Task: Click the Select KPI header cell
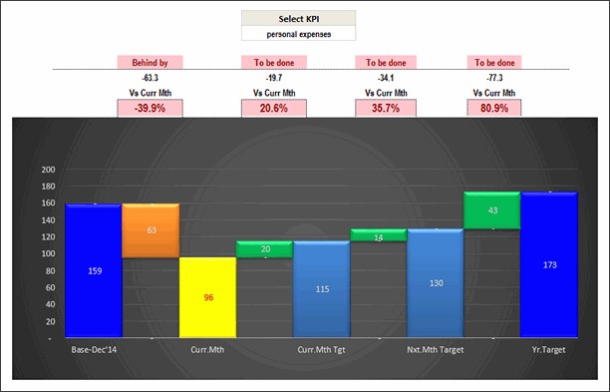coord(298,19)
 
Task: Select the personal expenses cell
coord(298,34)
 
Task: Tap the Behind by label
coord(151,62)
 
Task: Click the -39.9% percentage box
coord(151,108)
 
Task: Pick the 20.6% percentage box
coord(273,108)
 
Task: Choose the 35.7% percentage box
coord(385,108)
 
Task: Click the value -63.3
coord(151,77)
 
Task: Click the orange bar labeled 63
coord(151,230)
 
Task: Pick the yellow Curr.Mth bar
coord(207,297)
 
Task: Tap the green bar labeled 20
coord(264,249)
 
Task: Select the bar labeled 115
coord(321,289)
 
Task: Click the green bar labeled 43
coord(491,210)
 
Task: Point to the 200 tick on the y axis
coord(47,170)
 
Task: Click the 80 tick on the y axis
coord(49,271)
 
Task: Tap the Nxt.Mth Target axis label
coord(435,349)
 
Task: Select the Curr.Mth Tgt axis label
coord(321,349)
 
